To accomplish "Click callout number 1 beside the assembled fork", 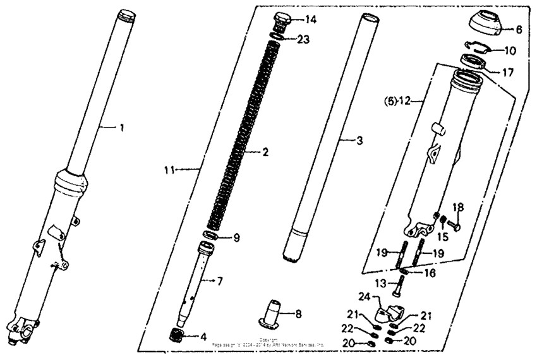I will click(x=122, y=128).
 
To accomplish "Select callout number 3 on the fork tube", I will click(x=359, y=141).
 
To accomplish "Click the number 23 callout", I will click(x=304, y=39).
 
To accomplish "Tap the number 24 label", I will click(x=364, y=295).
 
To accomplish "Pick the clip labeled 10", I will click(x=475, y=49).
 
